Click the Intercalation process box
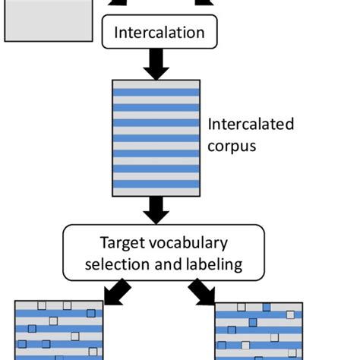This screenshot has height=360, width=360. [x=159, y=33]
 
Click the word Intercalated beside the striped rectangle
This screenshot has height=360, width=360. [x=250, y=125]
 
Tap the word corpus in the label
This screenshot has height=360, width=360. [x=232, y=144]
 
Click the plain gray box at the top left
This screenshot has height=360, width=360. [x=39, y=21]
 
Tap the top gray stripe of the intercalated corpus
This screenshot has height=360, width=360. [x=156, y=84]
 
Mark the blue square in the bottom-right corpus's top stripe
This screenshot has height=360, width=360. [x=266, y=308]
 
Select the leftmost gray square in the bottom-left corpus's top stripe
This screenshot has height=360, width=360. [x=43, y=306]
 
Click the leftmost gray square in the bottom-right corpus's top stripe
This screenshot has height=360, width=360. [x=241, y=308]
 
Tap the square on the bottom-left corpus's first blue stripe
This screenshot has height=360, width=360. [x=90, y=314]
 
